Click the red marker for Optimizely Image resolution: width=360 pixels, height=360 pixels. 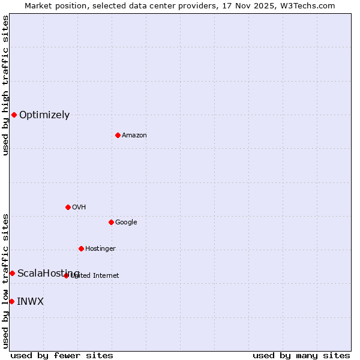(14, 115)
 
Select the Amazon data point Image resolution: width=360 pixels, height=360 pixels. (118, 135)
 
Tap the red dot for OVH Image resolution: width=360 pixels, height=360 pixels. (68, 207)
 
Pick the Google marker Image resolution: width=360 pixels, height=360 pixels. (111, 222)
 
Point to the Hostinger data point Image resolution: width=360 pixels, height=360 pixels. (81, 248)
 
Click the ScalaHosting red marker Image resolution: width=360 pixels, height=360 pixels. (12, 273)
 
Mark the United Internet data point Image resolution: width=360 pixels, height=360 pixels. (66, 275)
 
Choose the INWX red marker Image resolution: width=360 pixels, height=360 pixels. (11, 301)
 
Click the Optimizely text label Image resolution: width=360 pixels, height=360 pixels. (44, 115)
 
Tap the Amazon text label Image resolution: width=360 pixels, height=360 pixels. (134, 136)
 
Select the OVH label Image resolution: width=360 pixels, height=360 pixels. (79, 208)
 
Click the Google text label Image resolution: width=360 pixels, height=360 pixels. (126, 223)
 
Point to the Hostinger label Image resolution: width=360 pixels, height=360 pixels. (100, 249)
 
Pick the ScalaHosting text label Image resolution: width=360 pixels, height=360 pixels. (48, 274)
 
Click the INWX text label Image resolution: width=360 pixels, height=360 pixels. (30, 302)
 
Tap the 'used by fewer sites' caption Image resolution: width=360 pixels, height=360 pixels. (62, 355)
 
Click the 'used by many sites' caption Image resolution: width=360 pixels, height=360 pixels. (301, 355)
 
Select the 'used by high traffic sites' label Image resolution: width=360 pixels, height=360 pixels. (6, 85)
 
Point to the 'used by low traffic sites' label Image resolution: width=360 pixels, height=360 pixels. (6, 281)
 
